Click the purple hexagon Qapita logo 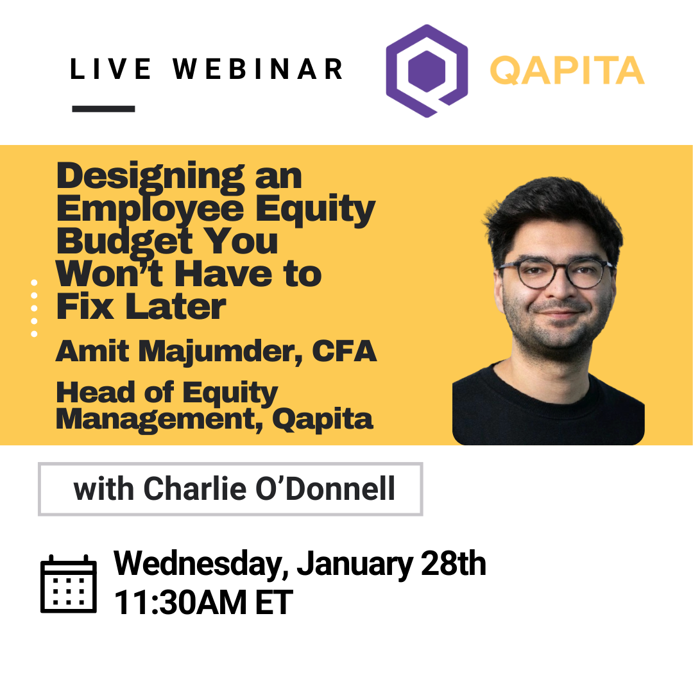(426, 71)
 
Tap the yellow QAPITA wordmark (567, 71)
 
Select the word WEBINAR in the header (258, 69)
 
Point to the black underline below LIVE (103, 109)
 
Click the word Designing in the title (147, 176)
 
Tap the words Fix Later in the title (141, 307)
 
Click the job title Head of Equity (167, 392)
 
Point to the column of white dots (34, 308)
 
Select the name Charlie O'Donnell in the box (269, 489)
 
